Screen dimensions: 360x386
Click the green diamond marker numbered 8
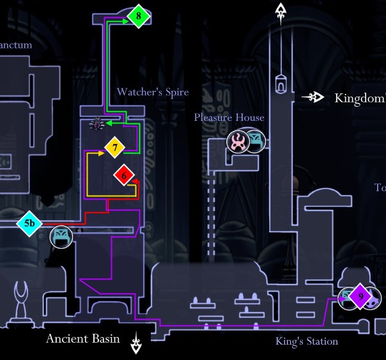[x=139, y=16]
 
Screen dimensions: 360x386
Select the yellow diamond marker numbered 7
[x=115, y=148]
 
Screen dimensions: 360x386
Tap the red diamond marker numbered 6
[x=125, y=174]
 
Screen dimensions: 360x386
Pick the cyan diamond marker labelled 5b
[x=29, y=224]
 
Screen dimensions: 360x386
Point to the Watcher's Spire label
[x=153, y=92]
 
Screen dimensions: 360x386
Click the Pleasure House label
[x=229, y=118]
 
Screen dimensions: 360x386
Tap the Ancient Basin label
[x=82, y=338]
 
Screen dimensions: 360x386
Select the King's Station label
[x=307, y=341]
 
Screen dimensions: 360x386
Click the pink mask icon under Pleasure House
[x=238, y=141]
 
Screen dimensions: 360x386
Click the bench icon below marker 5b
[x=61, y=237]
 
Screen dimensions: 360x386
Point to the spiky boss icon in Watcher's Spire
[x=96, y=124]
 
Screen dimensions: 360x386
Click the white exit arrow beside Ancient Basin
[x=137, y=343]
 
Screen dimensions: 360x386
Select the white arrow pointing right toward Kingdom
[x=313, y=97]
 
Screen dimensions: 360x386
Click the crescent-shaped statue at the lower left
[x=24, y=295]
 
